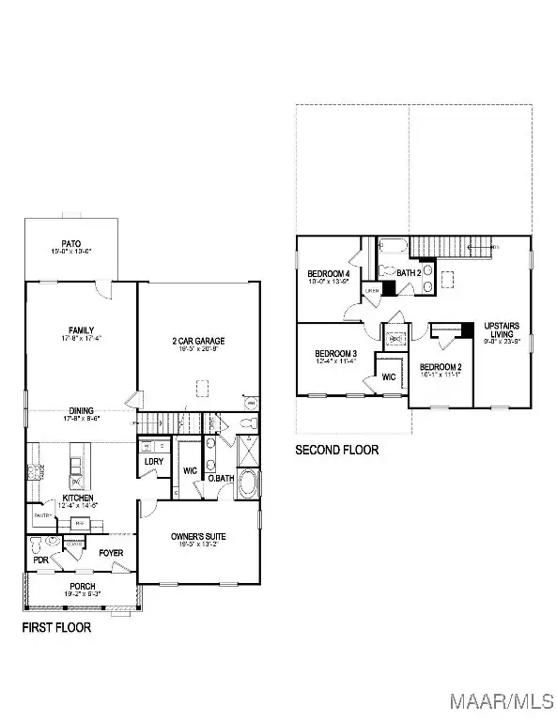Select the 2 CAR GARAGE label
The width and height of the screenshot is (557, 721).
point(197,342)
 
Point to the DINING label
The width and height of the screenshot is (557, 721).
point(82,409)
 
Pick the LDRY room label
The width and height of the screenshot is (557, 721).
point(154,461)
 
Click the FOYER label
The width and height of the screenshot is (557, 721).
point(112,553)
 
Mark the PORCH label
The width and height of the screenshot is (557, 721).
point(82,587)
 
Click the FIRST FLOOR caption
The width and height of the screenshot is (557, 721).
point(56,627)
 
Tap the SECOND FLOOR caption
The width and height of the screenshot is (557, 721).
point(337,450)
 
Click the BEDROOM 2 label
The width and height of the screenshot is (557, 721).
point(440,366)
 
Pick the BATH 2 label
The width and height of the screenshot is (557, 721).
point(410,273)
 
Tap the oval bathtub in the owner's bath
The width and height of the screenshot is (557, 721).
point(248,484)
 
